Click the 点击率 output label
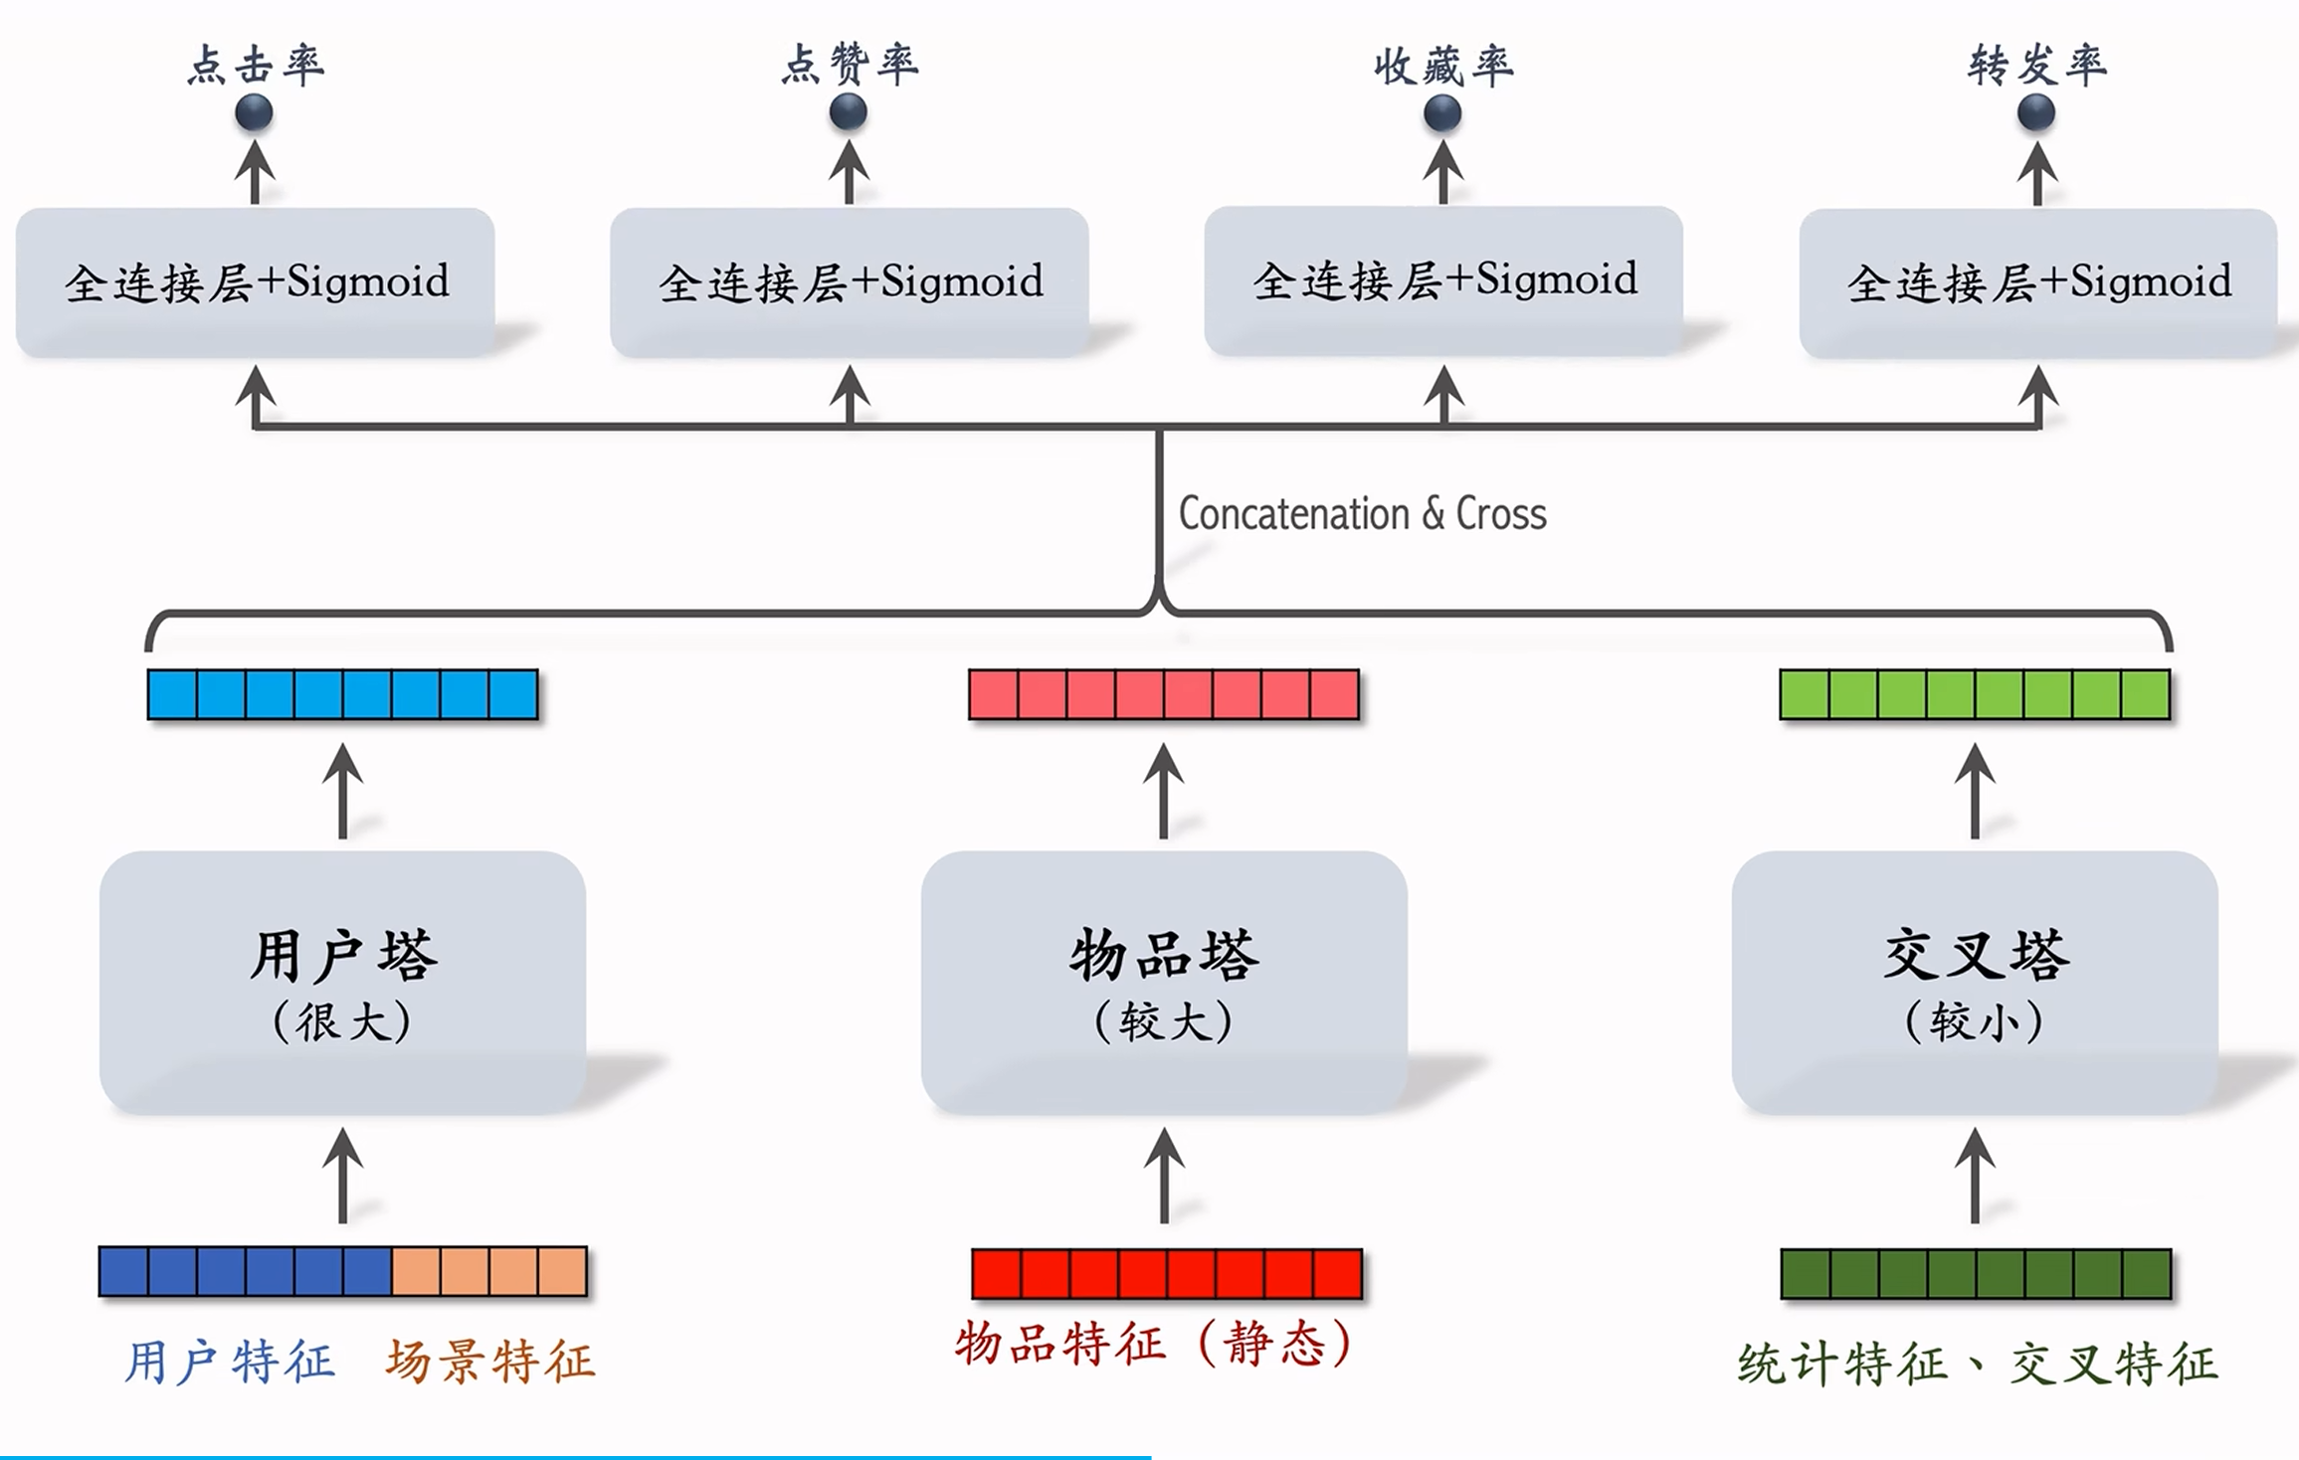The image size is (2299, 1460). tap(256, 65)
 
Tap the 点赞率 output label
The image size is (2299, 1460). tap(850, 65)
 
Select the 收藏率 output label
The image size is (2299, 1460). tap(1443, 66)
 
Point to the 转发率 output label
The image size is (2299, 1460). tap(2036, 65)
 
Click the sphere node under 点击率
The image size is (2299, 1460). tap(255, 112)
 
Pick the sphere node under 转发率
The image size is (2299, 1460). tap(2036, 112)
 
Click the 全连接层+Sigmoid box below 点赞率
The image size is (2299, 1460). tap(850, 282)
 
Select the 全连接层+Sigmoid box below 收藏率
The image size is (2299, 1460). tap(1443, 281)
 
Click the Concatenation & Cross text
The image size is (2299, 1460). tap(1362, 514)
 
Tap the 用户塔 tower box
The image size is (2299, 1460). tap(343, 982)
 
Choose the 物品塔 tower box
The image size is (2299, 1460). tap(1164, 982)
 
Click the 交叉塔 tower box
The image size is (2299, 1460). tap(1975, 982)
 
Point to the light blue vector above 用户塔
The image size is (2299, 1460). tap(343, 694)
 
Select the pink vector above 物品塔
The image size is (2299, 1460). tap(1164, 694)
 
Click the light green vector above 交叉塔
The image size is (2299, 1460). tap(1975, 694)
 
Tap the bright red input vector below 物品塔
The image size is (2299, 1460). tap(1167, 1274)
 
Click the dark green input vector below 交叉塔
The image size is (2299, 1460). tap(1976, 1274)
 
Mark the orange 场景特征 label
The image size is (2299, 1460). tap(490, 1362)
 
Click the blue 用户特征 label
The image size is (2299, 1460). tap(230, 1362)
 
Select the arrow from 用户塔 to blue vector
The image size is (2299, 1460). tap(343, 792)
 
